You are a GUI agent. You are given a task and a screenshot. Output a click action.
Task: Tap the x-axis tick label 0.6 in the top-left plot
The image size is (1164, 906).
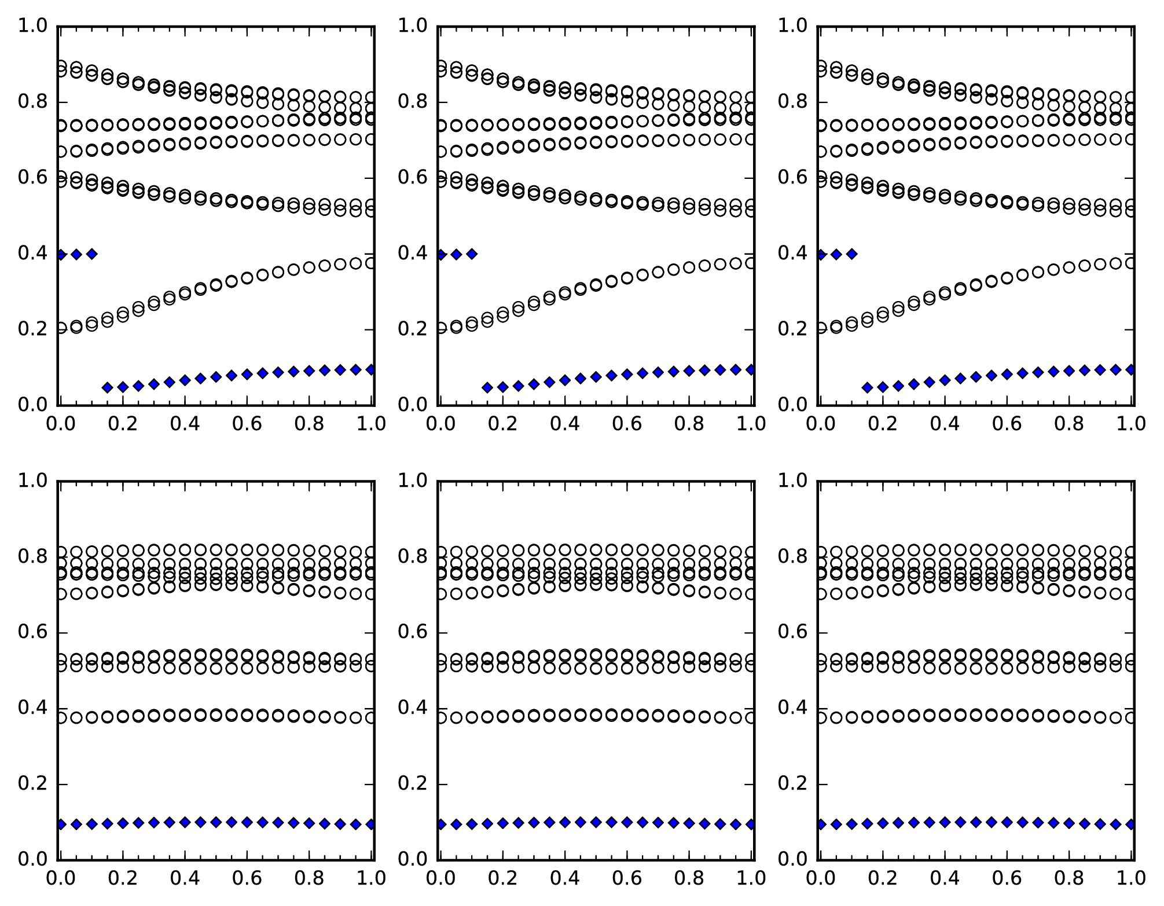247,424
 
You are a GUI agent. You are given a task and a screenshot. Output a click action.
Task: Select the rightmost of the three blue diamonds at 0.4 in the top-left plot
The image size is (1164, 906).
91,254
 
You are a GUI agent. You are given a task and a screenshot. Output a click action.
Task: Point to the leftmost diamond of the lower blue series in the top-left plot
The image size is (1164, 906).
107,387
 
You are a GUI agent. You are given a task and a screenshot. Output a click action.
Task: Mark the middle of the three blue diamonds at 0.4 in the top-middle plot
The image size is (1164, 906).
456,254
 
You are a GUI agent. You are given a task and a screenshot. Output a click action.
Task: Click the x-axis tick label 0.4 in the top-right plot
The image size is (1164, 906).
945,424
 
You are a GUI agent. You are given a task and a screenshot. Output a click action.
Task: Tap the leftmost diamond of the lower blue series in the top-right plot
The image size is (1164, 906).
867,387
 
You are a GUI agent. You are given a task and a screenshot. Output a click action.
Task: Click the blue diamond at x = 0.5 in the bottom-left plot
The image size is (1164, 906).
216,821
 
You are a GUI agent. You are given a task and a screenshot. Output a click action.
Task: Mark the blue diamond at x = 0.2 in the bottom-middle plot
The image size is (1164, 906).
502,823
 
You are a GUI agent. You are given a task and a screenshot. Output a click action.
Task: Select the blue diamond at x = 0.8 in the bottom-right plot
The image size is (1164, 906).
1069,823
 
